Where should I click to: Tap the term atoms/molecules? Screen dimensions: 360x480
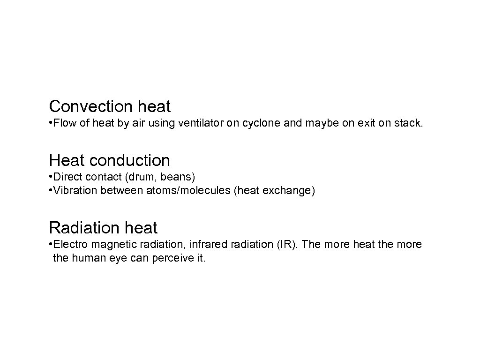(x=180, y=191)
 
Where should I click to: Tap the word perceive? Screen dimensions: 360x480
(x=172, y=258)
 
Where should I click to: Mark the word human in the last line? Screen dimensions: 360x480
(x=87, y=258)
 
